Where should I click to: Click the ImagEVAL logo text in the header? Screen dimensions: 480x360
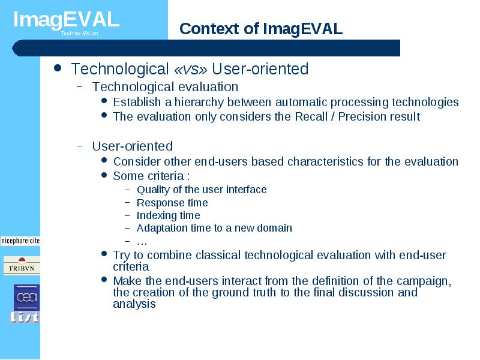tap(66, 19)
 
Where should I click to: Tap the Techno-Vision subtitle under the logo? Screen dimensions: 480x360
tap(79, 34)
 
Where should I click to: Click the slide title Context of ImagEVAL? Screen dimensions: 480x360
tap(261, 29)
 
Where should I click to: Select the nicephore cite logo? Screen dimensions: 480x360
tap(20, 241)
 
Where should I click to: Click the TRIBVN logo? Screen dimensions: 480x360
tap(22, 266)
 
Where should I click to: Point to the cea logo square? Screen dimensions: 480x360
tap(26, 297)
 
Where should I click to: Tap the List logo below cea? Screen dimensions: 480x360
tap(25, 317)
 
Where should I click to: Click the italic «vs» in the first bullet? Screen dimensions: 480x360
tap(190, 70)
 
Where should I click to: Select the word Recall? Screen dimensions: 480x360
tap(311, 116)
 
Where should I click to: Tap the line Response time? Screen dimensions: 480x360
tap(172, 203)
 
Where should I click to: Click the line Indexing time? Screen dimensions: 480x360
tap(169, 215)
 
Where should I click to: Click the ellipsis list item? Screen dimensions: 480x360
tap(142, 242)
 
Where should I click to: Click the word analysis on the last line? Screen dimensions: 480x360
tap(134, 304)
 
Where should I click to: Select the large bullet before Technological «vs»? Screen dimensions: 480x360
tap(57, 68)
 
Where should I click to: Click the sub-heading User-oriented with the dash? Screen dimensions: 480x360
tap(125, 146)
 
